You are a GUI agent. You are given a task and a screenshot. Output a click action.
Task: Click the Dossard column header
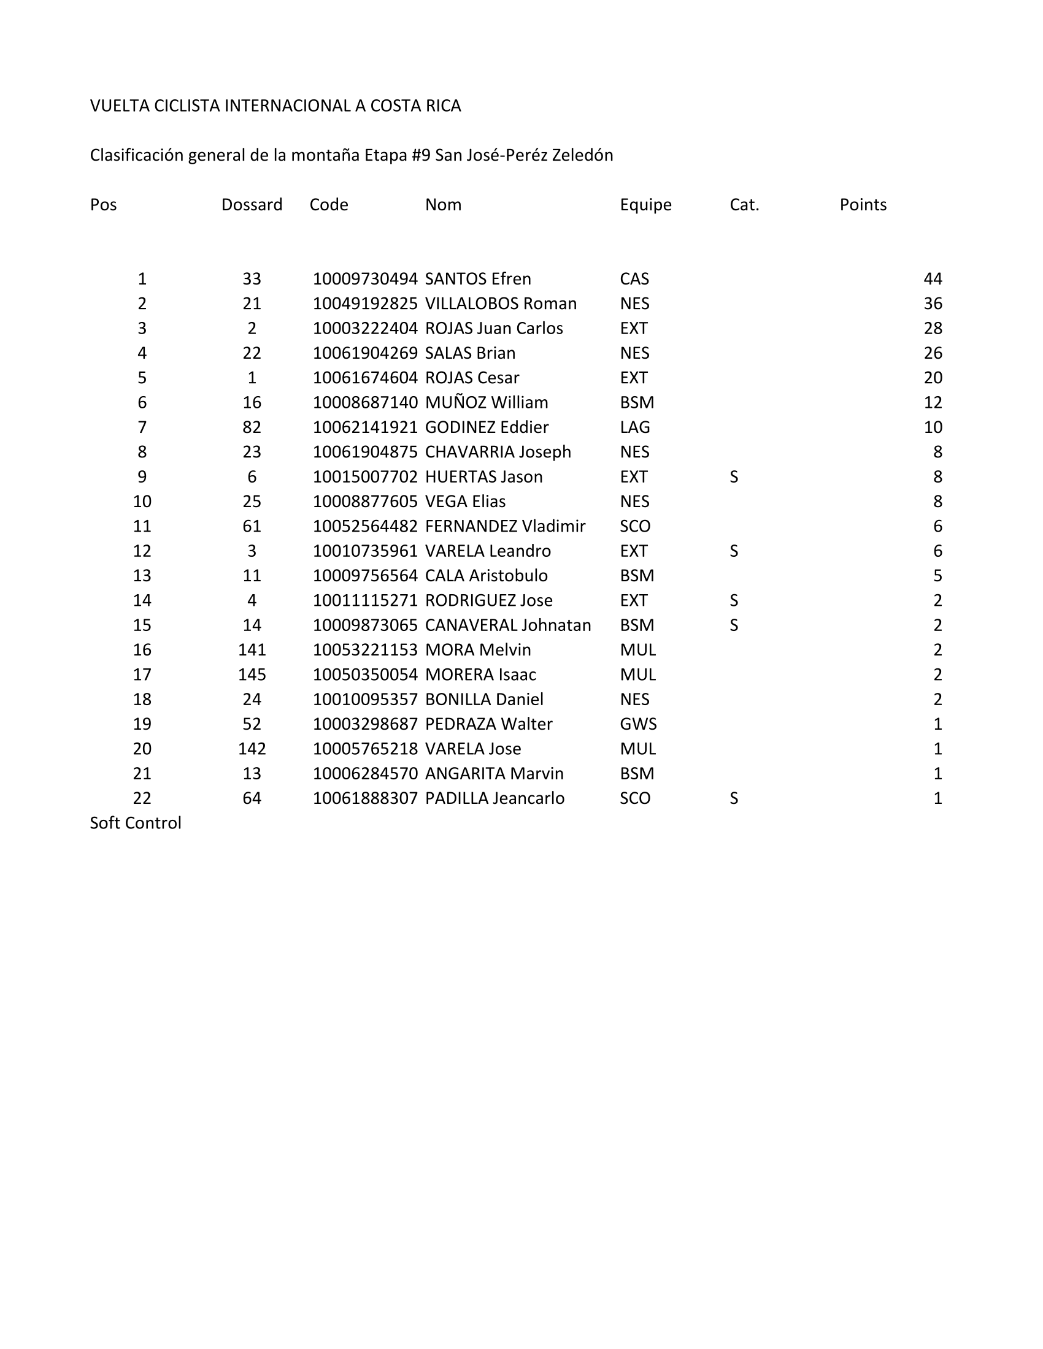[x=252, y=204]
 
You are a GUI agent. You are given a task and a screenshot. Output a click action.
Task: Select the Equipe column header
[x=645, y=204]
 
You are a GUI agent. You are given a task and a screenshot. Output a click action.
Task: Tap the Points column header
[x=863, y=204]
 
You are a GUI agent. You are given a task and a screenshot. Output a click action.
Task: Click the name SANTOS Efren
[x=477, y=278]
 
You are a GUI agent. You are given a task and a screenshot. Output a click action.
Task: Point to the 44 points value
[x=933, y=278]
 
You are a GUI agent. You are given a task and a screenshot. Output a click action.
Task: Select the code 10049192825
[x=364, y=304]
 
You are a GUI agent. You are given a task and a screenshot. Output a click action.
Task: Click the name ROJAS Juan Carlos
[x=494, y=328]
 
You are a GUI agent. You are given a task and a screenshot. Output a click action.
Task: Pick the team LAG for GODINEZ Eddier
[x=634, y=427]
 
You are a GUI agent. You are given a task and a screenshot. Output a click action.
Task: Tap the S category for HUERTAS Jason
[x=733, y=476]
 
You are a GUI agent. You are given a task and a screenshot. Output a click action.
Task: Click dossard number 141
[x=252, y=649]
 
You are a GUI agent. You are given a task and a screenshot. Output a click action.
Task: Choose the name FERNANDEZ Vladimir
[x=505, y=525]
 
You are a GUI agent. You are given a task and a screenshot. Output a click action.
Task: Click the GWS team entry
[x=637, y=724]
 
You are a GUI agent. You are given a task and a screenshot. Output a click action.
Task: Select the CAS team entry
[x=634, y=278]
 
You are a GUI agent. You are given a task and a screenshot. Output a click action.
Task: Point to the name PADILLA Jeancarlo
[x=495, y=798]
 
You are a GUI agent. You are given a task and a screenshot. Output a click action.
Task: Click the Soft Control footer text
[x=136, y=823]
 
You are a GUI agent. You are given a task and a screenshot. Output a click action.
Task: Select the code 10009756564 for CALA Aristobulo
[x=364, y=575]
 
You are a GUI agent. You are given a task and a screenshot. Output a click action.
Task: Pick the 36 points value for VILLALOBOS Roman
[x=933, y=304]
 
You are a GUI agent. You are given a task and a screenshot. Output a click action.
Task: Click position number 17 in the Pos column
[x=142, y=674]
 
